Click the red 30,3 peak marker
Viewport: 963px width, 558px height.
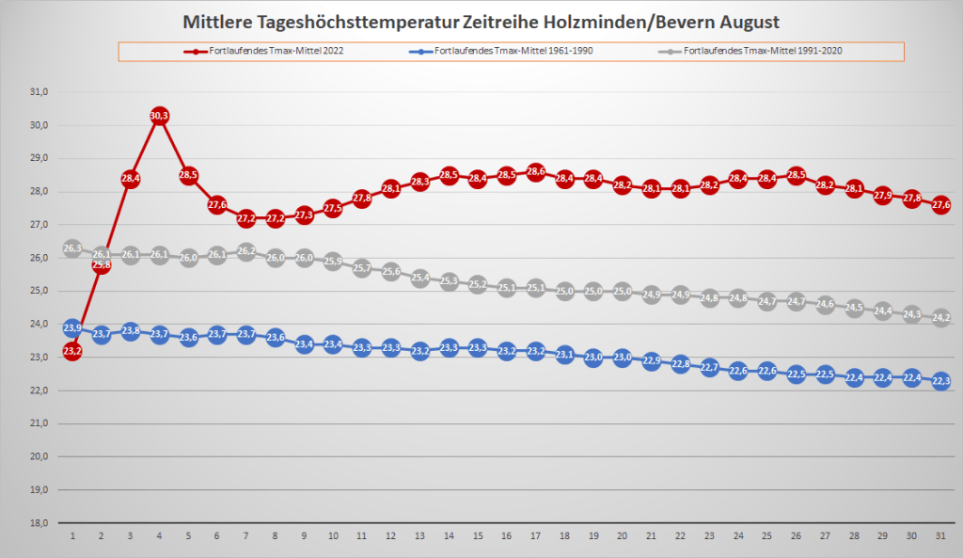159,116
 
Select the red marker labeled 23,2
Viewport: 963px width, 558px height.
72,351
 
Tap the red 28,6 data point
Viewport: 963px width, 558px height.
535,172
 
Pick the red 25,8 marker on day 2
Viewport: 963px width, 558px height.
102,265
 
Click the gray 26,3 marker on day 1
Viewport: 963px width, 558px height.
72,248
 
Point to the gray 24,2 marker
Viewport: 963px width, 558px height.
940,318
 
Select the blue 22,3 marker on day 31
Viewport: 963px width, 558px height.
940,381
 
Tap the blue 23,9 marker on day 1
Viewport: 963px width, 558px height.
72,327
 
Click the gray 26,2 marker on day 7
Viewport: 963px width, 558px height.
246,251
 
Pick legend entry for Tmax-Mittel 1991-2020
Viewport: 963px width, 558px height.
756,50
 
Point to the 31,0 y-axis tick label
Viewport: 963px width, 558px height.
39,92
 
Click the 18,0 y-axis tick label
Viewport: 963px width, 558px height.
39,522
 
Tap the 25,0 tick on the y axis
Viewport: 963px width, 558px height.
39,291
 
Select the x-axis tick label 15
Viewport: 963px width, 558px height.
478,535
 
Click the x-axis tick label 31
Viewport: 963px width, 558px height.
940,535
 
